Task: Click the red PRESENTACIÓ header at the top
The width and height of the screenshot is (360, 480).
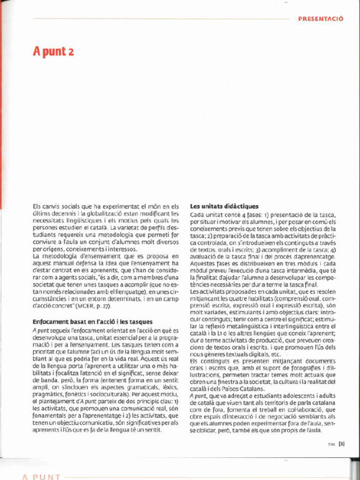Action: (321, 19)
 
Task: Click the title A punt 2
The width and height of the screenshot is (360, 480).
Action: (53, 51)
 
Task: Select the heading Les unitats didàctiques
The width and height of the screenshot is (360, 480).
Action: (224, 206)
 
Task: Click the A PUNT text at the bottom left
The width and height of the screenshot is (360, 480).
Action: (41, 477)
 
